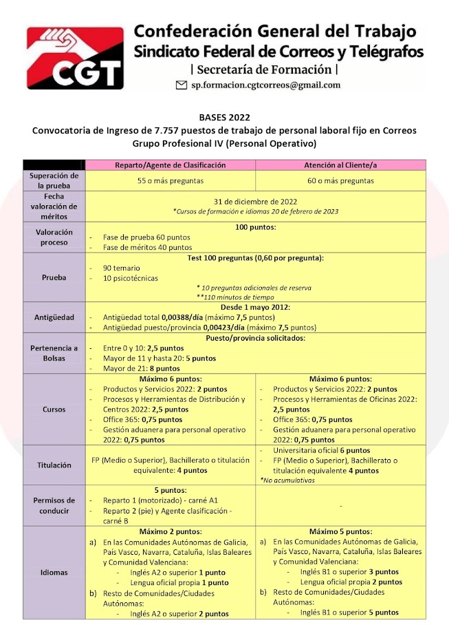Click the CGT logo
pyautogui.click(x=75, y=59)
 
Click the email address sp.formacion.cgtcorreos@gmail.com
pyautogui.click(x=265, y=85)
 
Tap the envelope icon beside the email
pyautogui.click(x=182, y=85)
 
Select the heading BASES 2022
pyautogui.click(x=224, y=118)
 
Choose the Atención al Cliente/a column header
pyautogui.click(x=340, y=165)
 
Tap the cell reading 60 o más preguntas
pyautogui.click(x=340, y=181)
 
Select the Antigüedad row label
pyautogui.click(x=54, y=317)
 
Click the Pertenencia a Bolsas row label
pyautogui.click(x=54, y=353)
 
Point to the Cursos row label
pyautogui.click(x=54, y=409)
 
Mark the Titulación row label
pyautogui.click(x=54, y=465)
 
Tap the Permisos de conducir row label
pyautogui.click(x=54, y=507)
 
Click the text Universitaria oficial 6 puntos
pyautogui.click(x=317, y=450)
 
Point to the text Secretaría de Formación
pyautogui.click(x=265, y=70)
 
